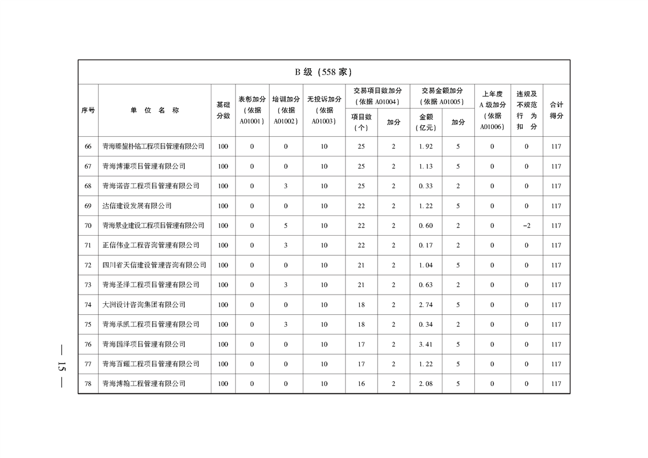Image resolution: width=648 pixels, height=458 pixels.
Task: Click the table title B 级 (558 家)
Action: coord(323,72)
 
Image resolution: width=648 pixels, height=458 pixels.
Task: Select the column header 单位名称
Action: coord(154,110)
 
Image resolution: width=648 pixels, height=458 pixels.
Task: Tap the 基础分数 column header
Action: coord(223,110)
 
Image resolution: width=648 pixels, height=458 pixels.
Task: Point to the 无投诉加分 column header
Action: coord(324,110)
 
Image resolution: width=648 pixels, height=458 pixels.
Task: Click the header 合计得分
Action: coord(556,110)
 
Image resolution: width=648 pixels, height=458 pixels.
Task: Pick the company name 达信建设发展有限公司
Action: coord(137,206)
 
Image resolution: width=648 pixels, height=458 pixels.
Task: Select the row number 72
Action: coord(88,265)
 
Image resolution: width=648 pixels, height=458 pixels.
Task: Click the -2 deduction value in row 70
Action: coord(526,226)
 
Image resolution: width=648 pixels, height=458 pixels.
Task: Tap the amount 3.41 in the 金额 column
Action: coord(426,344)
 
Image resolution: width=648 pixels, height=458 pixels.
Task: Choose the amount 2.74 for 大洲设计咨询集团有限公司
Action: coord(426,305)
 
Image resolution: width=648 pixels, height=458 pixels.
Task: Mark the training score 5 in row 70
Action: coord(286,226)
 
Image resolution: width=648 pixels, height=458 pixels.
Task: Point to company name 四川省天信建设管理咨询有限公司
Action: coord(154,265)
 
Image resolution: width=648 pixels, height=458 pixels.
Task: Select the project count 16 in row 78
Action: coord(361,384)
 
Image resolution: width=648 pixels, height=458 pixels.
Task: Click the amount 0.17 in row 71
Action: coord(426,245)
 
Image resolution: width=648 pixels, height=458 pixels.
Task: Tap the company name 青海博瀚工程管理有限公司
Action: coord(144,384)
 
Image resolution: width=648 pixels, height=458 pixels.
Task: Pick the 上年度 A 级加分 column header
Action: coord(492,110)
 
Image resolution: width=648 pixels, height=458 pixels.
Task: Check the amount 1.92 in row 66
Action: coord(426,147)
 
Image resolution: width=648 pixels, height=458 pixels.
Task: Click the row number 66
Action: coord(88,147)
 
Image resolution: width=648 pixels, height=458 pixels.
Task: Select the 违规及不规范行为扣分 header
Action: coord(526,110)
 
